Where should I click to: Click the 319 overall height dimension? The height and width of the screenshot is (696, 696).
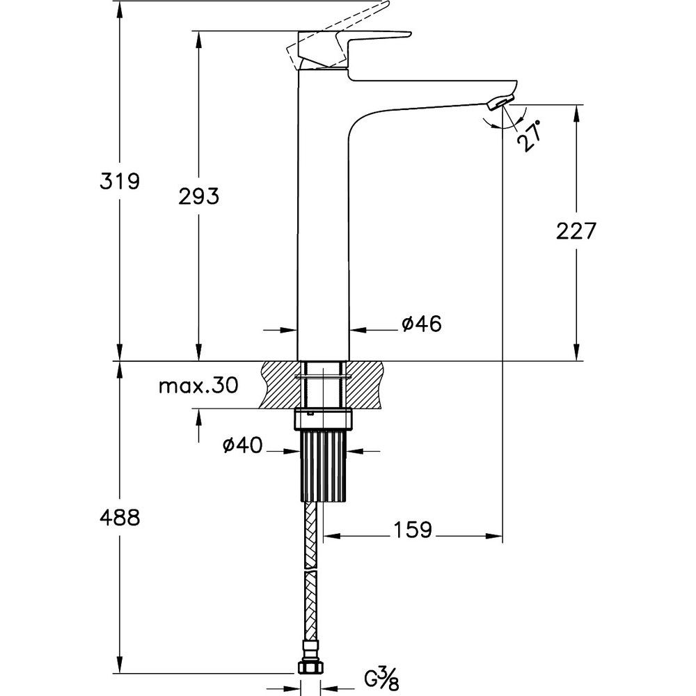coord(120,181)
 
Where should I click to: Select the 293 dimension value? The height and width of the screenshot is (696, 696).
coord(198,196)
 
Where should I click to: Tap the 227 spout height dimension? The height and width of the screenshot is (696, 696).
coord(576,231)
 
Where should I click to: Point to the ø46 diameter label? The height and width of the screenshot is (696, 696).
coord(422,324)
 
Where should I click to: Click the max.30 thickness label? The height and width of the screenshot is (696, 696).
coord(199,386)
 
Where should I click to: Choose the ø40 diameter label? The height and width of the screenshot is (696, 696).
coord(243,445)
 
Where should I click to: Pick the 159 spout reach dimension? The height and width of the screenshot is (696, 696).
coord(412,529)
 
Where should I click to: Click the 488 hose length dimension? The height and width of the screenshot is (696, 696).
coord(120,517)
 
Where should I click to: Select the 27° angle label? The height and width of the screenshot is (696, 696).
coord(531,136)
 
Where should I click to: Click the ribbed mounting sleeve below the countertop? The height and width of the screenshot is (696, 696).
coord(323,466)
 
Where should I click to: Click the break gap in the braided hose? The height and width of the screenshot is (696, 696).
coord(310,570)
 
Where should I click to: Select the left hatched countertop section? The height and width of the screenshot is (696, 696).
coord(281,384)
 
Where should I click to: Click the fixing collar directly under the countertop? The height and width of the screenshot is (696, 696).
coord(323,420)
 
